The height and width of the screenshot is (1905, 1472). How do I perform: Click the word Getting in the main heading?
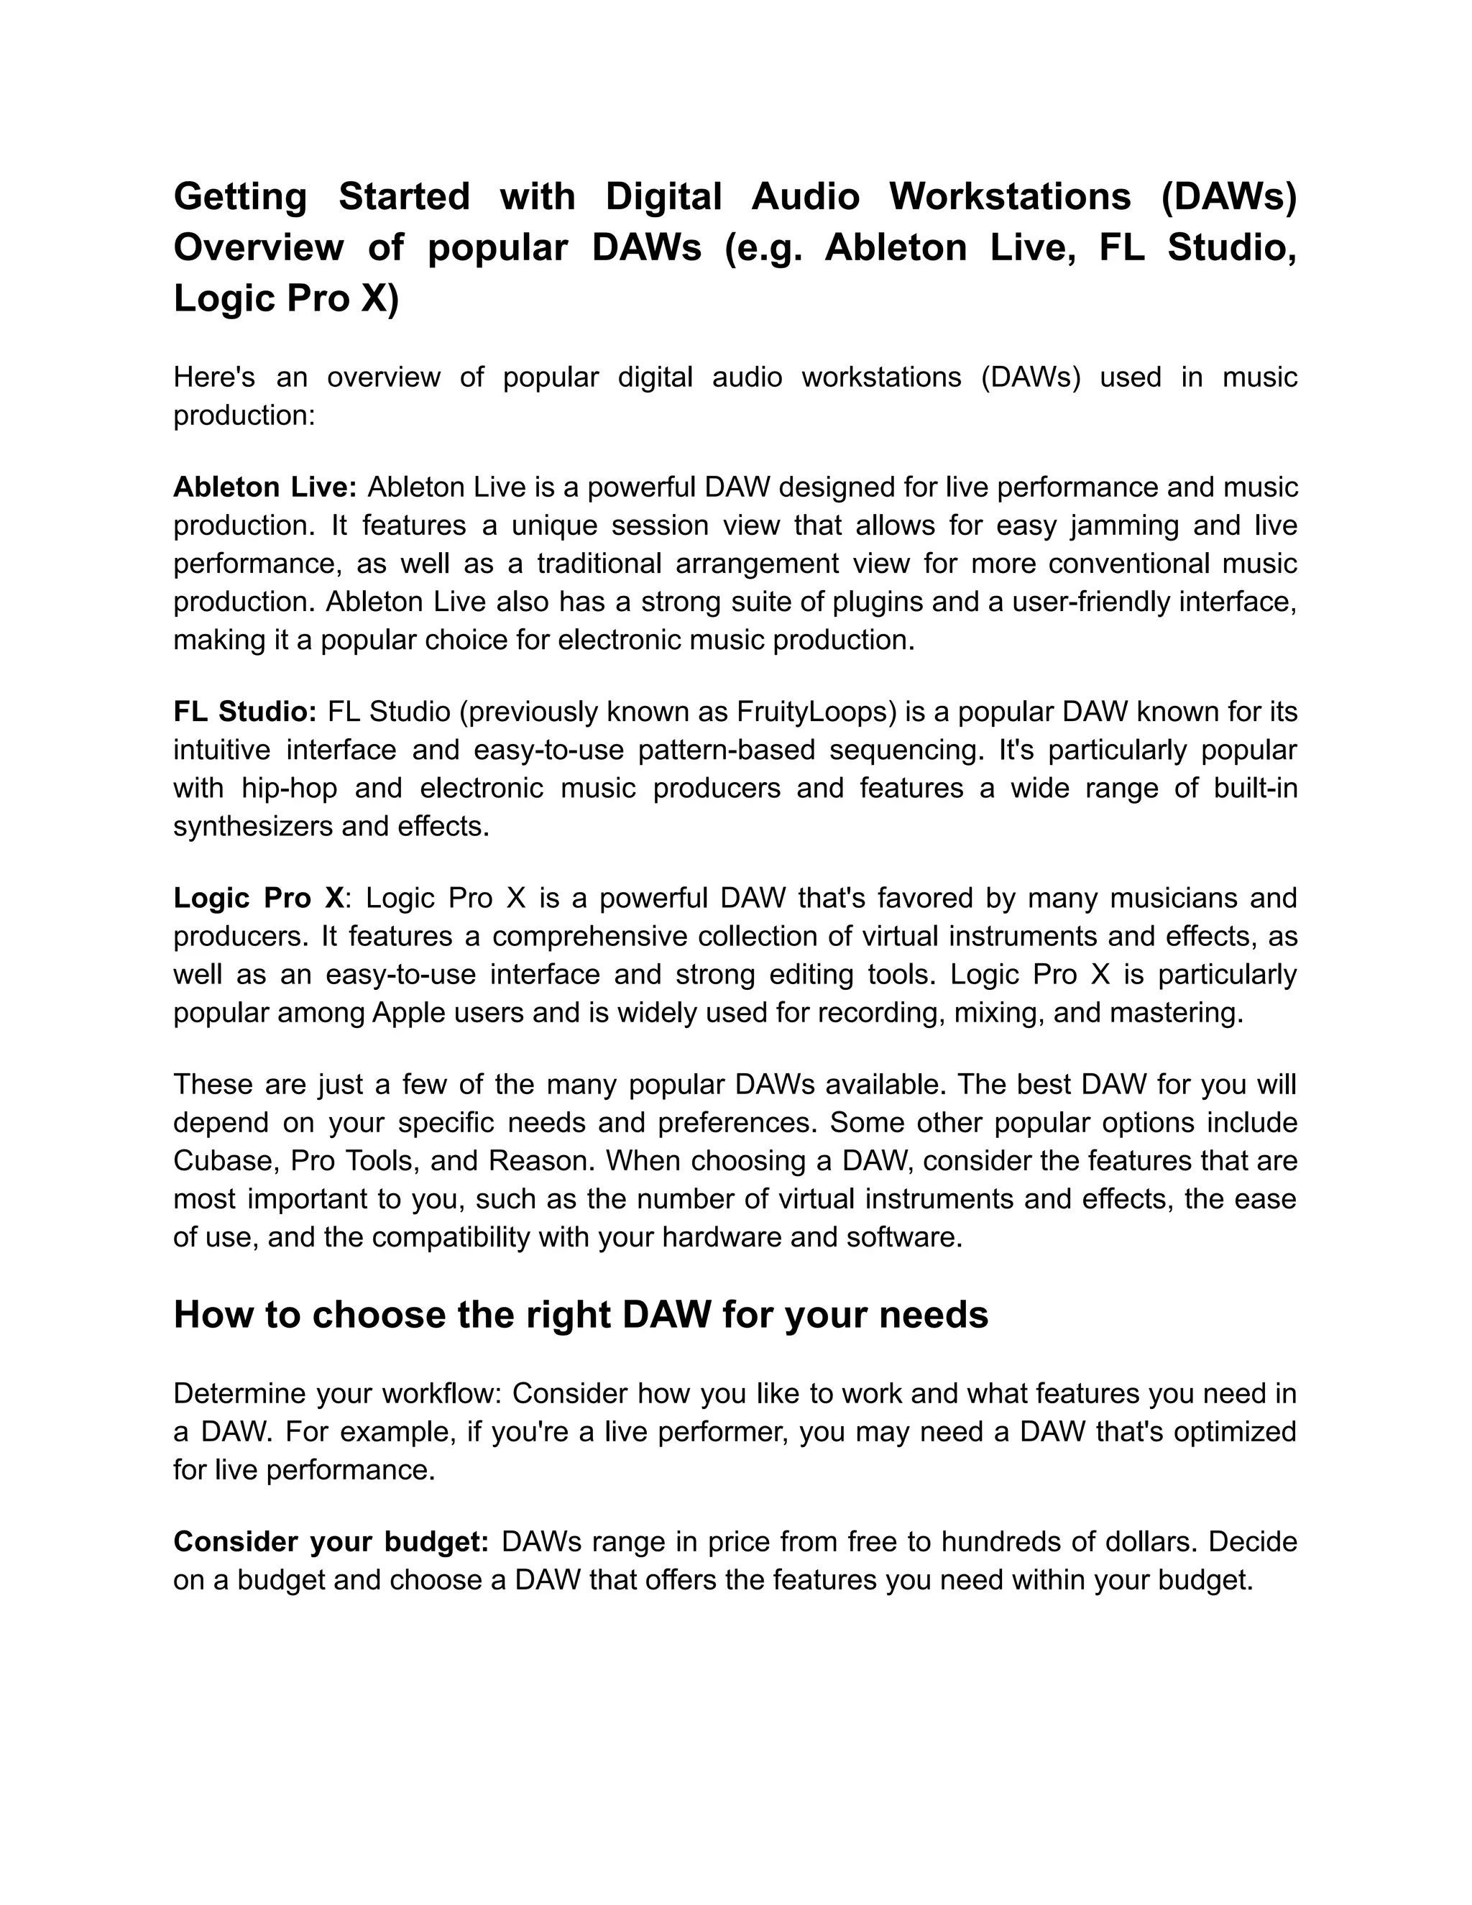240,197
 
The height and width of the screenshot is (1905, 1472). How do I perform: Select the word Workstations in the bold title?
1009,197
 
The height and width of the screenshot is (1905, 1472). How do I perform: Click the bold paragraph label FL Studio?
244,712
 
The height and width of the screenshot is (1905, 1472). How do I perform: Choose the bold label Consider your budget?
331,1541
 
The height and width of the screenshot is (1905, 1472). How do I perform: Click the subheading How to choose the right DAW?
581,1315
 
